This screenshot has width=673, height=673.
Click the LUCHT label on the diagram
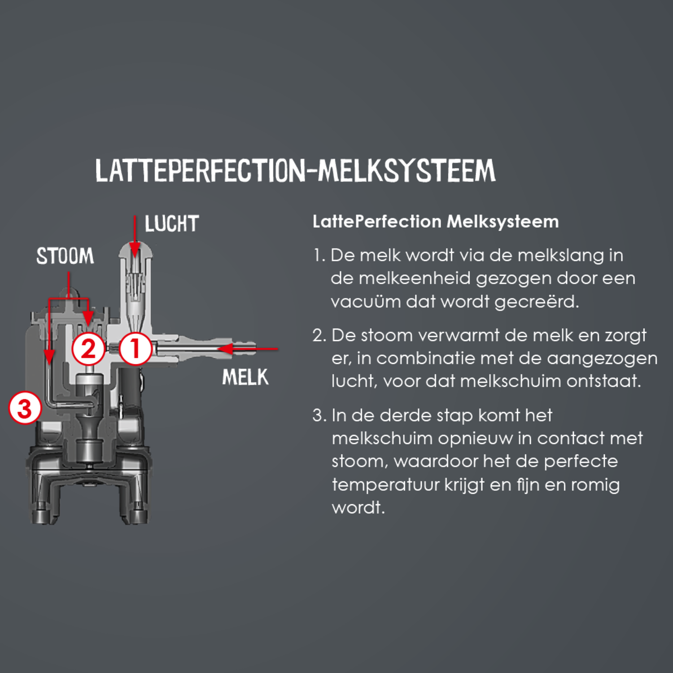(171, 224)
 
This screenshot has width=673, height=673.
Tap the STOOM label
(65, 256)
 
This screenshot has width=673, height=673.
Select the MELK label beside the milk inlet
(245, 377)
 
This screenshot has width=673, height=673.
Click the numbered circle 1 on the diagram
(135, 349)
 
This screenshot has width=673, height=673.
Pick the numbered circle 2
(88, 349)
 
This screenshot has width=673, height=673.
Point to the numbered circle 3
(25, 408)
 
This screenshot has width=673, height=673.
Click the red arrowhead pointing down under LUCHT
(135, 251)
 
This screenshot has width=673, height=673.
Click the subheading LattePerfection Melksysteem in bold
(436, 222)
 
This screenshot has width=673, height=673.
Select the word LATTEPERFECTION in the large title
(200, 170)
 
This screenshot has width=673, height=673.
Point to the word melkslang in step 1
(561, 256)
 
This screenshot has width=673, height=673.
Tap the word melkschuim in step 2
(511, 381)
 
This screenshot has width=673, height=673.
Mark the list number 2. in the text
(319, 336)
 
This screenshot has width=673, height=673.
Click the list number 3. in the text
(319, 415)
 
